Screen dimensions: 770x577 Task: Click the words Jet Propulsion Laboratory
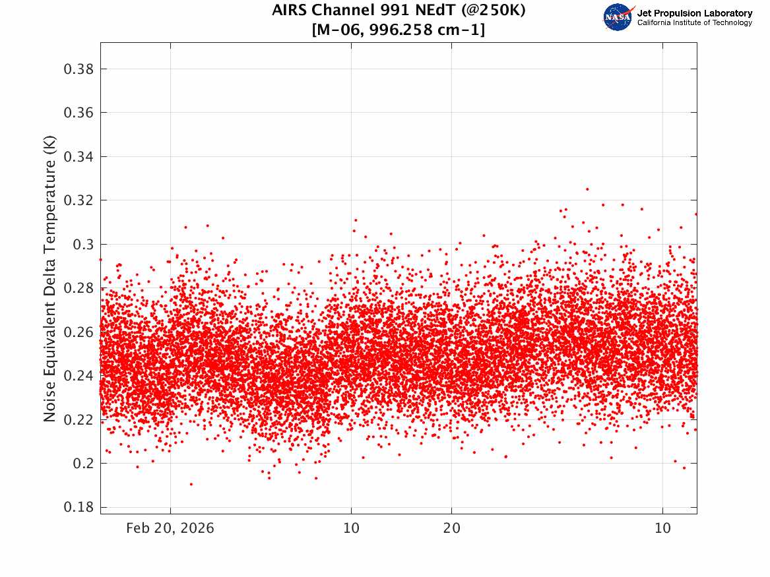pos(694,13)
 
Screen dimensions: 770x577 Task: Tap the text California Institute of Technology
pos(694,22)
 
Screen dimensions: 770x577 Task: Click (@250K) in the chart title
pos(493,10)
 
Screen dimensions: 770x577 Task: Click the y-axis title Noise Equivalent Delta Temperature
pos(49,278)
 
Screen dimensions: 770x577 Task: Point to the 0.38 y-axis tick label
pos(79,69)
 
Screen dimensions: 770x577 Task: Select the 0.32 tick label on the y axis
pos(79,200)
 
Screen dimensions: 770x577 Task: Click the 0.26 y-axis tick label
pos(79,332)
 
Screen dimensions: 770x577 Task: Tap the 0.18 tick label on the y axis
pos(79,507)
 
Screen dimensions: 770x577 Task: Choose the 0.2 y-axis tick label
pos(84,463)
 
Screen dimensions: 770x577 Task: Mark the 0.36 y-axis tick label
pos(79,113)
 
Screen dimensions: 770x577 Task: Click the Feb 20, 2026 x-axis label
pos(170,528)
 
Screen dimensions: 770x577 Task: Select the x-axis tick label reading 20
pos(452,528)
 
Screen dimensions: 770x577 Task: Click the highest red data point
pos(587,189)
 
